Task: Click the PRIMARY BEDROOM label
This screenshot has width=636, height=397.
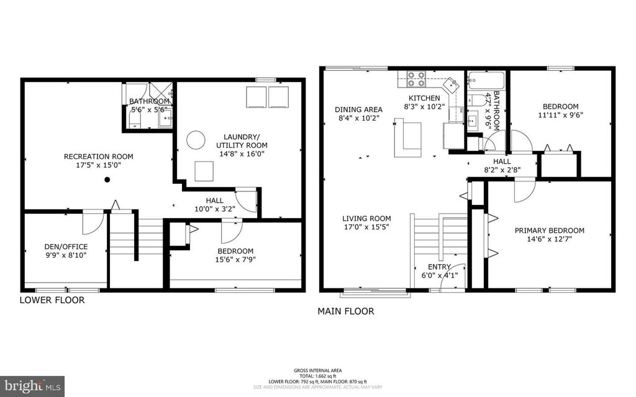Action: tap(549, 230)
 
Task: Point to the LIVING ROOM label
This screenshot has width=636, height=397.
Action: tap(366, 219)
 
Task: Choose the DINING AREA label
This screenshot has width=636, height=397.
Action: tap(358, 109)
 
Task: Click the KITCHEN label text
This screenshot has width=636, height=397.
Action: tap(424, 98)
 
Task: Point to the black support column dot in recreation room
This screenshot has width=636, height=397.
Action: tap(107, 180)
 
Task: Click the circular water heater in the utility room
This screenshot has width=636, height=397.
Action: tap(197, 139)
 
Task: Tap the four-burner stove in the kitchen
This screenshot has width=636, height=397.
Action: tap(416, 79)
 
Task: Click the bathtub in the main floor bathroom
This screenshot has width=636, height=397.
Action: tap(486, 81)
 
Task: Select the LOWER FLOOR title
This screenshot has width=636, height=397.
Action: tap(52, 300)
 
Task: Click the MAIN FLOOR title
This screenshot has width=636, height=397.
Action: tap(346, 311)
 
